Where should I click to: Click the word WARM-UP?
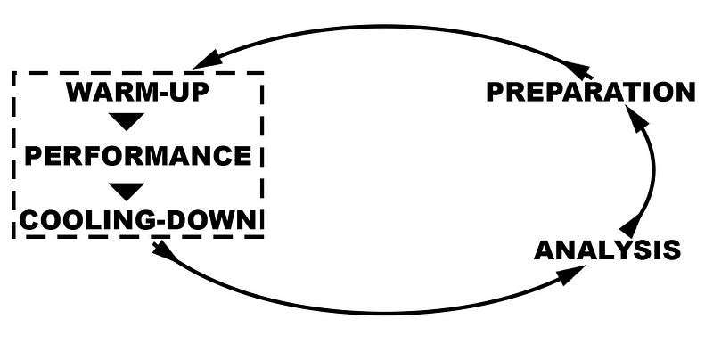coord(137,92)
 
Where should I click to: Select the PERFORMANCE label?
coord(137,156)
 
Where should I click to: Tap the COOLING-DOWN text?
coord(137,220)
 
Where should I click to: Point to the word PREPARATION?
coord(590,92)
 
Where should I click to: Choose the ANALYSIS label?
coord(606,250)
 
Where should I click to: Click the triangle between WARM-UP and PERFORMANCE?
coord(127,121)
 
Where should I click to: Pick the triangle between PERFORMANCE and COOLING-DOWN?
coord(127,191)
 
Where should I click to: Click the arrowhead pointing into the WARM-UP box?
coord(206,60)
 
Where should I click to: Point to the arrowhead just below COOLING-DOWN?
coord(165,250)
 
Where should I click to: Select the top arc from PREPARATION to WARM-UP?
coord(383,26)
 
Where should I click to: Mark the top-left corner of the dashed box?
coord(14,74)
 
